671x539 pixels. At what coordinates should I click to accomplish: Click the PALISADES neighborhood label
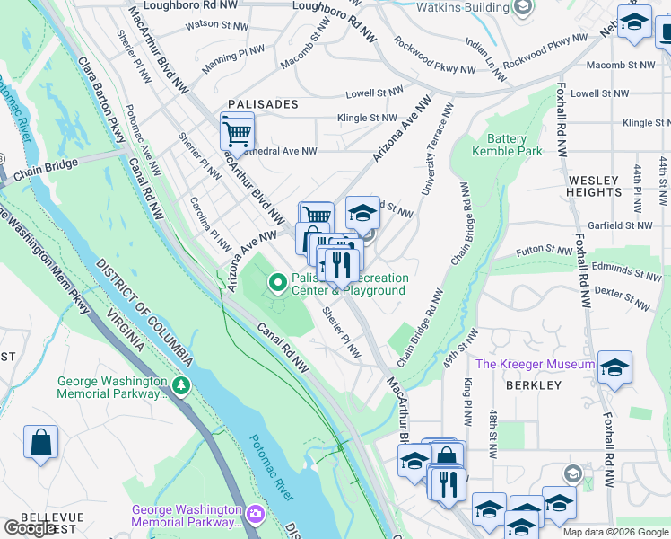(262, 104)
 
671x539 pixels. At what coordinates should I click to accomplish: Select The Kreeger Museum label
(535, 364)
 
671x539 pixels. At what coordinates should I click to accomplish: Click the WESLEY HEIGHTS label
(594, 186)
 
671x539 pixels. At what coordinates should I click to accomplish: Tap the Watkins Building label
(466, 7)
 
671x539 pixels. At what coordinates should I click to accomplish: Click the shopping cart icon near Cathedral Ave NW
(237, 133)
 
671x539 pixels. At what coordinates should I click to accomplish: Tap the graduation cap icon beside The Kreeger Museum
(614, 367)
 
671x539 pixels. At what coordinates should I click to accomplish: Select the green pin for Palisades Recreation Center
(278, 284)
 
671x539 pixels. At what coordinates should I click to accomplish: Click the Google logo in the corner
(30, 528)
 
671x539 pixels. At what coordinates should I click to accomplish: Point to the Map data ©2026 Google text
(614, 532)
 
